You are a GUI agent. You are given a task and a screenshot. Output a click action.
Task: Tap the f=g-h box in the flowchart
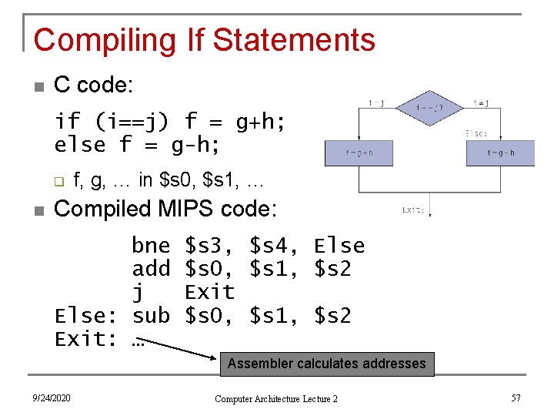(500, 153)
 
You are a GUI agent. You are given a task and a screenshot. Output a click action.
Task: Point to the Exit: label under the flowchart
(412, 210)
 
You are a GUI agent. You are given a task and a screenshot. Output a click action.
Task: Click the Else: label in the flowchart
(476, 133)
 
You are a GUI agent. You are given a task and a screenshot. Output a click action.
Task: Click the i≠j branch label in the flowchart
(482, 102)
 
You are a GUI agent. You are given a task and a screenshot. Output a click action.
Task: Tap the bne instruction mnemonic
(151, 246)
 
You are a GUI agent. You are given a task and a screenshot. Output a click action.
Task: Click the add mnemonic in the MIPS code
(151, 269)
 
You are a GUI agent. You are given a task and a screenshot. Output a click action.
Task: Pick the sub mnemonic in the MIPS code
(151, 316)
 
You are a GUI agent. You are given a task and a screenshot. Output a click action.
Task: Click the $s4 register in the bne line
(273, 246)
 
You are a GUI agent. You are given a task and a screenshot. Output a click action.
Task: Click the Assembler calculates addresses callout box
(327, 364)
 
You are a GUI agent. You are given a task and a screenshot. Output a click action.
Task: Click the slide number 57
(516, 398)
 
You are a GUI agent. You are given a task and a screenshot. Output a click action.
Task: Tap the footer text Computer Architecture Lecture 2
(276, 398)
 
